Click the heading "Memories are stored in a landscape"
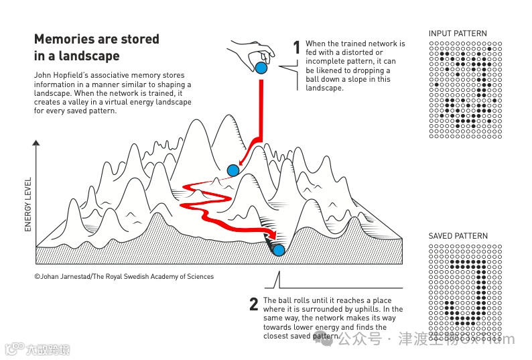pos(96,48)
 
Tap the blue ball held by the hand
pos(261,68)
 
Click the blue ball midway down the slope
pos(233,170)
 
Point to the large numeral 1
pos(297,48)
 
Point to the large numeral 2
pos(253,304)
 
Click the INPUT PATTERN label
pos(458,34)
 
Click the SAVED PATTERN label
pos(458,236)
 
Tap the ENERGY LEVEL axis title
pos(28,204)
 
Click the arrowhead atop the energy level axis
pos(36,143)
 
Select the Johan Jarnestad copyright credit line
pos(124,276)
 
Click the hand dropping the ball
pos(253,50)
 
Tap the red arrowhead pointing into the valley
pos(272,235)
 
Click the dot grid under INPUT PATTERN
pos(465,91)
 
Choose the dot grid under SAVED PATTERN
pos(465,294)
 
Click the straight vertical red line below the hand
pos(261,107)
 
